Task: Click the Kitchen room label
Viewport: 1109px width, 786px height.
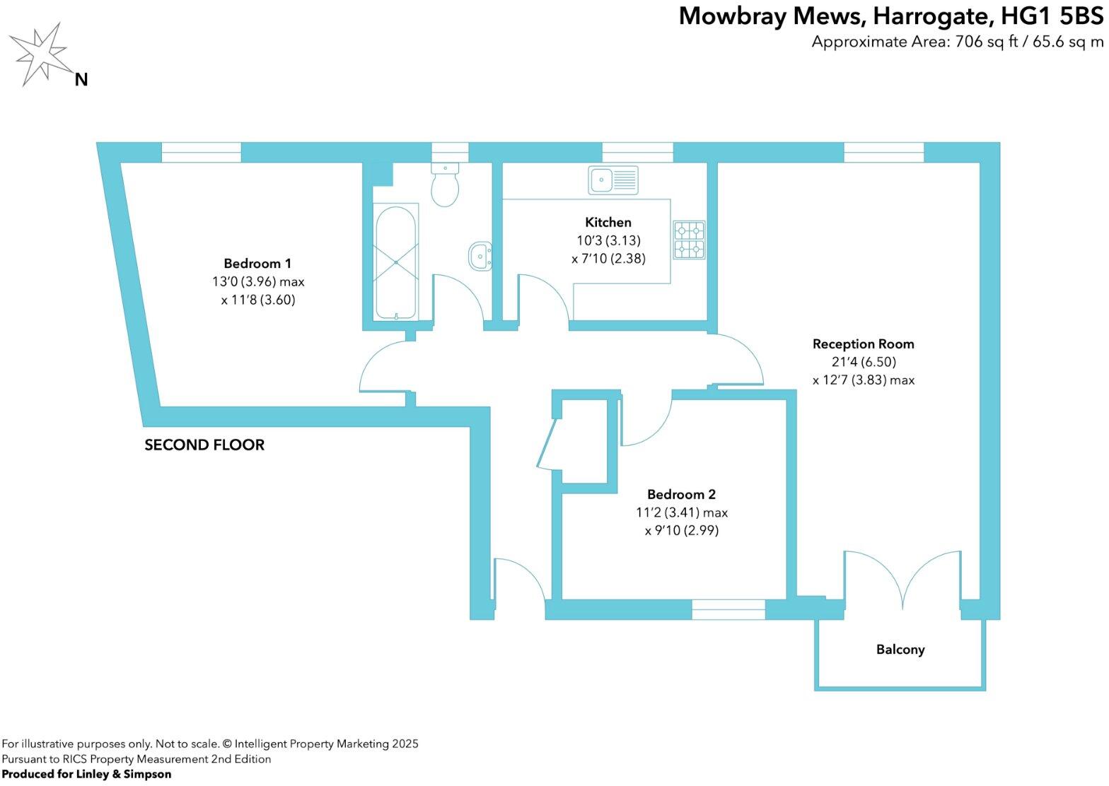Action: pos(608,222)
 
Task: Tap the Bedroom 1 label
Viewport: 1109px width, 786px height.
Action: pos(257,264)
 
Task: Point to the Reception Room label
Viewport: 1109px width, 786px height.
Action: pos(863,344)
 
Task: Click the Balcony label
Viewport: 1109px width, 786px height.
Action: pos(900,650)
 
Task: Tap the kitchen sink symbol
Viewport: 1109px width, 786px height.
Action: pos(612,180)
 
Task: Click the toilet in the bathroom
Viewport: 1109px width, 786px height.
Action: pos(445,184)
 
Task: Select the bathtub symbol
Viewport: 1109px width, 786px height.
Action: pos(396,262)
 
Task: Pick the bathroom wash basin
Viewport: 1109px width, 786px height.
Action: pos(481,255)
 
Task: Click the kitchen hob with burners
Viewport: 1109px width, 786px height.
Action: pos(689,240)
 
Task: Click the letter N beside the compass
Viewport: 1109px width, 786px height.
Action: pos(81,80)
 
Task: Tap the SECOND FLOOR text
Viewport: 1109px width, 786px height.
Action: pos(204,445)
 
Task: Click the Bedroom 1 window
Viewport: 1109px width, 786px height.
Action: pos(202,152)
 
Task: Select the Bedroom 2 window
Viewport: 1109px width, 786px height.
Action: pos(728,609)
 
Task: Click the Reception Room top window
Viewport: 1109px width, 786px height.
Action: pos(884,152)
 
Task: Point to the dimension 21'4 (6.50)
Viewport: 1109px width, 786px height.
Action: pos(863,362)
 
